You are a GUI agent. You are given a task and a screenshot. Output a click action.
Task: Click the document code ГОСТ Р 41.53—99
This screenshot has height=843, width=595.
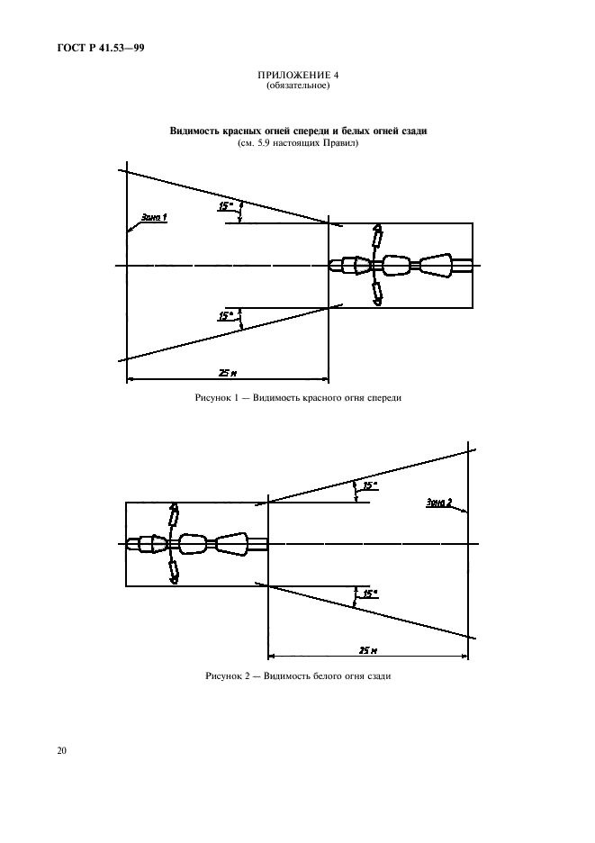[101, 48]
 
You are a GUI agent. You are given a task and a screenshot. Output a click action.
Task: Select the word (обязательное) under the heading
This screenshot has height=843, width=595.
[298, 86]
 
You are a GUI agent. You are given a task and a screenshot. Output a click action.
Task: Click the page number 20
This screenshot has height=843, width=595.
[62, 750]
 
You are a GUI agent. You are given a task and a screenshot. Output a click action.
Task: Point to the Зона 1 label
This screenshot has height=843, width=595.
[154, 217]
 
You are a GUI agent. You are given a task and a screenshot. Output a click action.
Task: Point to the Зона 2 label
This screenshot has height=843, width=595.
[439, 503]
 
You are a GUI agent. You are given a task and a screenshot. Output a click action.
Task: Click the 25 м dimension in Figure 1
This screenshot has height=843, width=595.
[228, 373]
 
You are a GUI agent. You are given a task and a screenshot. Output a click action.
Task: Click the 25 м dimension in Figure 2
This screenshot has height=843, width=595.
[367, 650]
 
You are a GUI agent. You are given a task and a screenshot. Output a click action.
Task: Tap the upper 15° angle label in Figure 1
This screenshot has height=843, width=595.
[226, 206]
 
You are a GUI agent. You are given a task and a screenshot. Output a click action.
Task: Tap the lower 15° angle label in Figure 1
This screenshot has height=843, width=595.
[226, 317]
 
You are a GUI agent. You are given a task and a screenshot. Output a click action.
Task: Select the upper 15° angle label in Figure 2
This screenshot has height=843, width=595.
[370, 485]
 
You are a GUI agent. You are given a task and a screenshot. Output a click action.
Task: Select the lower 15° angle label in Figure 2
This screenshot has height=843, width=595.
[370, 594]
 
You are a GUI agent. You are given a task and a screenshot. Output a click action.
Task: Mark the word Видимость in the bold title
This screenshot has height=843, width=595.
[194, 131]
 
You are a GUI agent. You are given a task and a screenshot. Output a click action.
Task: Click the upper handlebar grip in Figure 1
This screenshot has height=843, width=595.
[378, 234]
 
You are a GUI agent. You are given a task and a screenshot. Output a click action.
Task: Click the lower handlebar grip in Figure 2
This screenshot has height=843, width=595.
[174, 571]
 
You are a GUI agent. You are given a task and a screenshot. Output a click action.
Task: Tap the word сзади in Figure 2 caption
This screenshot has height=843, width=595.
[378, 676]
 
